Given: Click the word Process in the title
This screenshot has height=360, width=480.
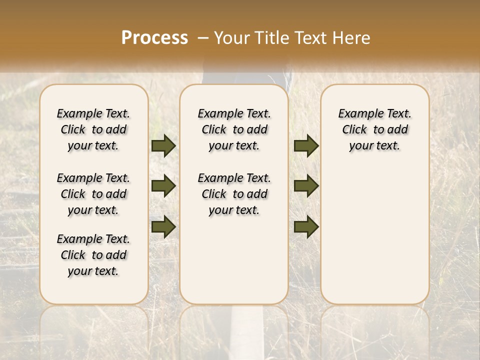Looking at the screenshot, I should click(154, 38).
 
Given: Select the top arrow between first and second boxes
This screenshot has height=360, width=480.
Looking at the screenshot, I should click(163, 145).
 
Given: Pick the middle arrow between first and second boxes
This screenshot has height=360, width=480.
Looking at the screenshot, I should click(163, 186).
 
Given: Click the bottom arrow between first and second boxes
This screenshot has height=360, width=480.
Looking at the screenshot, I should click(163, 226).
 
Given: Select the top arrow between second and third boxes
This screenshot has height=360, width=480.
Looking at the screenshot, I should click(306, 145).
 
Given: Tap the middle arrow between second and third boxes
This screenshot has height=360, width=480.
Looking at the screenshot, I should click(306, 186).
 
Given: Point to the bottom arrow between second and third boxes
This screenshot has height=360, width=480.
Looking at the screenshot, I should click(306, 226).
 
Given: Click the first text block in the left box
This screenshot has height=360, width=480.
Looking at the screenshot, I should click(93, 129).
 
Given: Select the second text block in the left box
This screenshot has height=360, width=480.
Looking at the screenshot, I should click(93, 194).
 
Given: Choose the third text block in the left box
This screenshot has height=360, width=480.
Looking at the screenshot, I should click(93, 255).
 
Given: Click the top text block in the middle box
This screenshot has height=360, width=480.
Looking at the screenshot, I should click(234, 129).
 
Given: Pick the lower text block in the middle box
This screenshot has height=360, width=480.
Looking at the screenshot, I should click(234, 194).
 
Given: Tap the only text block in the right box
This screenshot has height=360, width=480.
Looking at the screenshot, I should click(374, 129).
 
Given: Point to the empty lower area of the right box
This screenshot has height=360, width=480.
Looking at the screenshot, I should click(374, 230).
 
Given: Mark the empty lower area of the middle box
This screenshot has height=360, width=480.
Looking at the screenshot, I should click(234, 260).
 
